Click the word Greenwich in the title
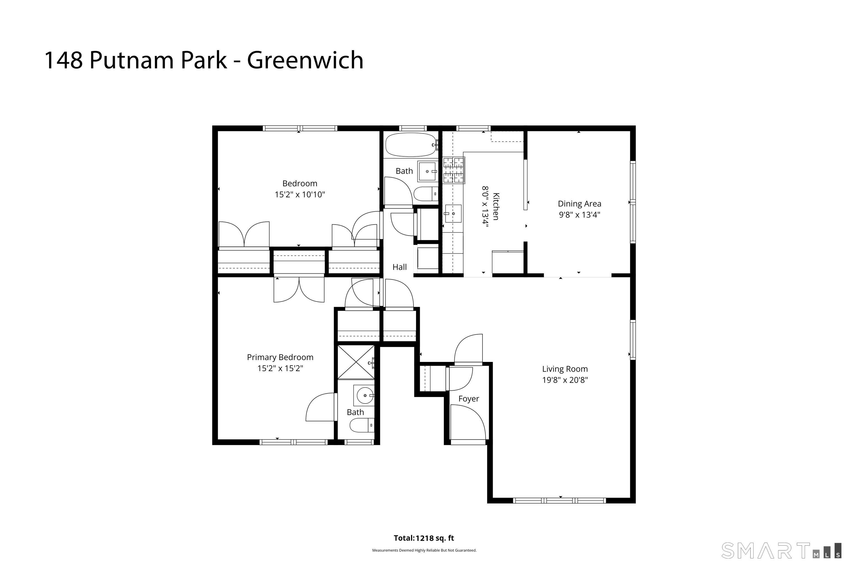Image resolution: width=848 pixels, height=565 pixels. point(305,60)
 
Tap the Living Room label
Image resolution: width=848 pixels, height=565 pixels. point(565,369)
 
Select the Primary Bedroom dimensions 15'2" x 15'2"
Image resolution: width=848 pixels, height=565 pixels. point(280,368)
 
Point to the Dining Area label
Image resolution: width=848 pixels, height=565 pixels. point(579,204)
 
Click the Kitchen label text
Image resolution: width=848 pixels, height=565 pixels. point(496,206)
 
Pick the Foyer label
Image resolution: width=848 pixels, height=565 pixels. point(469,399)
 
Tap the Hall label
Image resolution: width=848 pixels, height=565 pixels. point(399,267)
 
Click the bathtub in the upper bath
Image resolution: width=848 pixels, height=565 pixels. point(411,145)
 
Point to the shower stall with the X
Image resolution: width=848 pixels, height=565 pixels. point(356,362)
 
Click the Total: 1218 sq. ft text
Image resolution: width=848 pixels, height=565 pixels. point(424,538)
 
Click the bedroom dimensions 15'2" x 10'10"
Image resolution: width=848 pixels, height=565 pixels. point(300,194)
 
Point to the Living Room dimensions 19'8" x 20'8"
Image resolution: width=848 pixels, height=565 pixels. point(565,380)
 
